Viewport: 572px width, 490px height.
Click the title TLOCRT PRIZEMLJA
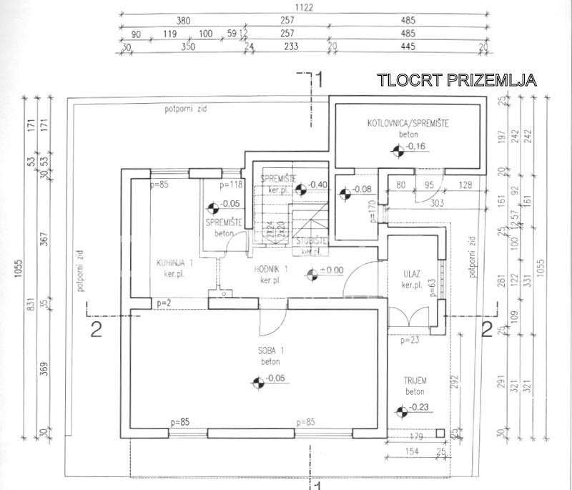(456, 80)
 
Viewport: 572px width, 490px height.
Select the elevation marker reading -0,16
(398, 149)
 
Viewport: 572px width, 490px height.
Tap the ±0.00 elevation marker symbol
(311, 273)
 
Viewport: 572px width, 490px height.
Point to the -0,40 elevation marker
(302, 188)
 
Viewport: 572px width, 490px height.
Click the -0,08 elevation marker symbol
(345, 192)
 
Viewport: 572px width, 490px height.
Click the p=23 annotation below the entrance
(410, 340)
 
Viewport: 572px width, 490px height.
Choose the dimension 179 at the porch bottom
(418, 436)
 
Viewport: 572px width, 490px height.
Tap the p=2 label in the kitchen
(164, 304)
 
